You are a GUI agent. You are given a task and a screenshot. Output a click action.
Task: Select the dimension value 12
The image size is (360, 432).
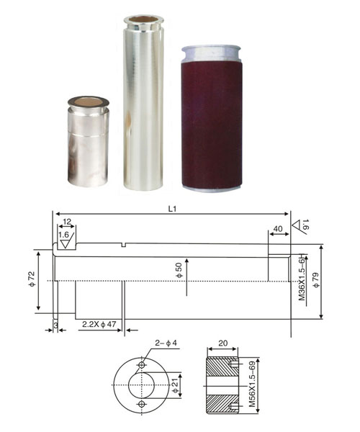coord(66,221)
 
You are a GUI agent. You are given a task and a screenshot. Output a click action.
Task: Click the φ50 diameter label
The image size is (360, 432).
coord(179,271)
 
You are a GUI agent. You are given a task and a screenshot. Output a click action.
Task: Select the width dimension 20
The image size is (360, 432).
coord(223,344)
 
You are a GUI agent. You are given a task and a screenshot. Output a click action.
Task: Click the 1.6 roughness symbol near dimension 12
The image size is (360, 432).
coord(65,237)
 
